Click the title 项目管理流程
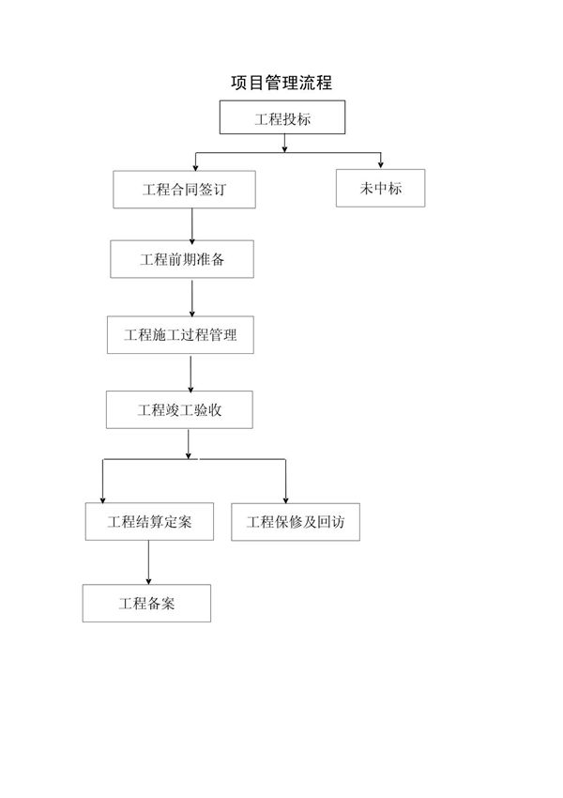tap(281, 84)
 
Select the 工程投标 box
tap(282, 117)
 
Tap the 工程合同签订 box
tap(184, 189)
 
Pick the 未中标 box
tap(380, 188)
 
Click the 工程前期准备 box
tap(181, 259)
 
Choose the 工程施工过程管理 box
tap(180, 335)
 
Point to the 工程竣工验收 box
tap(179, 409)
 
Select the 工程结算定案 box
tap(149, 522)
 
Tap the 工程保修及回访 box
tap(295, 522)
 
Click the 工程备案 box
tap(146, 603)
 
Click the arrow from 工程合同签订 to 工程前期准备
tap(192, 224)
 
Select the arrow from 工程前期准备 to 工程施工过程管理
tap(192, 298)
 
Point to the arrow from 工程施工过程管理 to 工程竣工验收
tap(190, 373)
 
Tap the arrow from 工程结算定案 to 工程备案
tap(148, 562)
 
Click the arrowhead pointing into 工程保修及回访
tap(286, 499)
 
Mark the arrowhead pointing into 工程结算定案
tap(102, 499)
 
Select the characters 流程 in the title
tap(316, 84)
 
